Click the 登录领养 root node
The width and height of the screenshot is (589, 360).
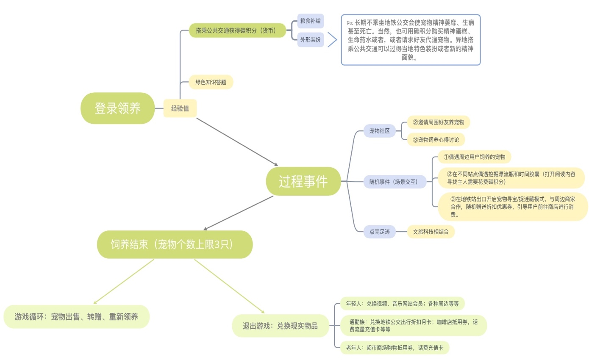[x=117, y=108]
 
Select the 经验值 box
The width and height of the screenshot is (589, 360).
[x=180, y=108]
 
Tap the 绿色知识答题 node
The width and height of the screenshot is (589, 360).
[x=211, y=82]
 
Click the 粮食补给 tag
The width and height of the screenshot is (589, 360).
[x=310, y=21]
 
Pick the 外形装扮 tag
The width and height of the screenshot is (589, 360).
[x=310, y=40]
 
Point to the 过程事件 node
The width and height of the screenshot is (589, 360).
[x=303, y=181]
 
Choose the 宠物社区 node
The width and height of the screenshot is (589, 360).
[x=379, y=131]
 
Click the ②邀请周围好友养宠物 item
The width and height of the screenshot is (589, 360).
[x=439, y=122]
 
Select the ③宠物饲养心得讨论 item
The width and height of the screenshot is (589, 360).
[x=436, y=140]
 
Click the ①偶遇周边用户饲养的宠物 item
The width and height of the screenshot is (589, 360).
[x=474, y=157]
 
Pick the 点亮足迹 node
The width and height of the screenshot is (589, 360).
[x=379, y=231]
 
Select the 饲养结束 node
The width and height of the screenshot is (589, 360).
[x=175, y=244]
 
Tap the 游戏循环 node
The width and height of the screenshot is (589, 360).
[x=76, y=316]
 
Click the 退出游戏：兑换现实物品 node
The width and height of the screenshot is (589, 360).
[x=281, y=326]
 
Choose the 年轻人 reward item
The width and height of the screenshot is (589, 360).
[x=405, y=304]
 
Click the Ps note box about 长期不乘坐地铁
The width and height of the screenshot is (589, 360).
[x=411, y=40]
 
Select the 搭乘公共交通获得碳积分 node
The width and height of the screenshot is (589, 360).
[x=238, y=30]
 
